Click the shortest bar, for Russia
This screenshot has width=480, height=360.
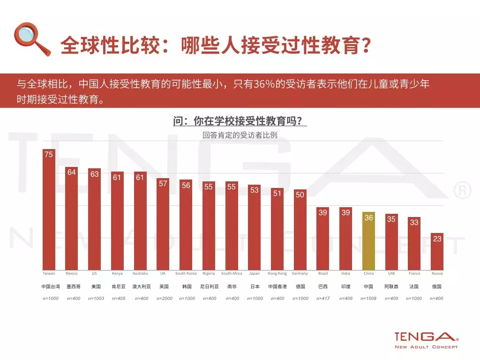[x=437, y=251]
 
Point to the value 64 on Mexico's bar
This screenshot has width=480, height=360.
[x=72, y=172]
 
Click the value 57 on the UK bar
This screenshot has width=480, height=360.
[x=163, y=183]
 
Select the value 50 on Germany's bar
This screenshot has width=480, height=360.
[x=300, y=195]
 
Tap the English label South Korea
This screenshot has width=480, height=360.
[x=186, y=273]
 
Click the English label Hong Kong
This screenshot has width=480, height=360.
[x=277, y=273]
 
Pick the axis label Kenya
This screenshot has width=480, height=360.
[x=117, y=273]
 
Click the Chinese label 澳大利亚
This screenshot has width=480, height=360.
[x=140, y=286]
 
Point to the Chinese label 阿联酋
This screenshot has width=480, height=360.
[x=391, y=286]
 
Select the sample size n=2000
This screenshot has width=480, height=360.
[x=163, y=299]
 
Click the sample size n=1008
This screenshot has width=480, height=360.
[x=369, y=299]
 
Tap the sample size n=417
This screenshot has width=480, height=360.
[x=323, y=299]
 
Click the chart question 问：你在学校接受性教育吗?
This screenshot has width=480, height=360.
[x=240, y=121]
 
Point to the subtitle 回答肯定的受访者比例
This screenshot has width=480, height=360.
[x=240, y=135]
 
